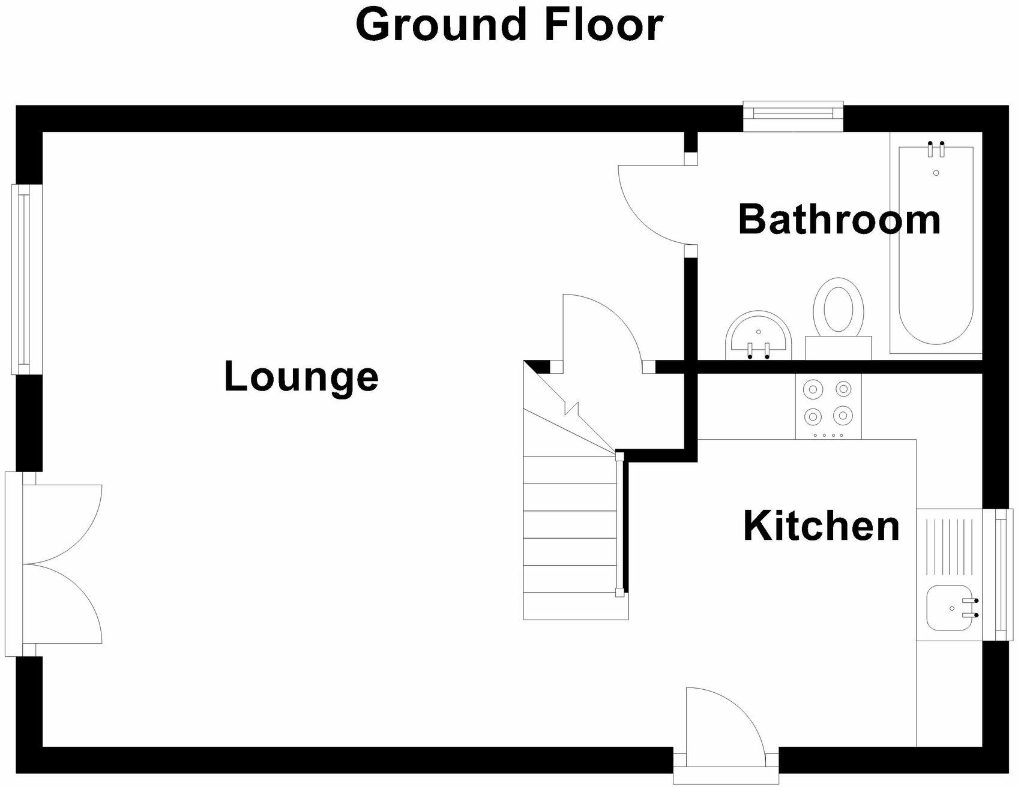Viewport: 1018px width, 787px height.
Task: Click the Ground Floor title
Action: point(509,25)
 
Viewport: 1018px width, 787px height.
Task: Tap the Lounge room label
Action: point(301,377)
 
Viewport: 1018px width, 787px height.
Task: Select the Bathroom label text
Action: point(839,220)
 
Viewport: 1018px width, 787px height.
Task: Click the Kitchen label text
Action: point(821,526)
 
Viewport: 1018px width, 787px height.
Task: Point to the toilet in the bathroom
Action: point(838,312)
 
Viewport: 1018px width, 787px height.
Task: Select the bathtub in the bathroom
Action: point(936,246)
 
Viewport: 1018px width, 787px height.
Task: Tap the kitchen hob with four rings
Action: point(828,406)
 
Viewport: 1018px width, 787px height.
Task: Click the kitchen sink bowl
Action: point(947,608)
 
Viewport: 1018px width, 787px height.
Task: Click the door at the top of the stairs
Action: point(600,330)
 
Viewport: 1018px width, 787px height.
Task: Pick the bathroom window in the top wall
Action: point(793,117)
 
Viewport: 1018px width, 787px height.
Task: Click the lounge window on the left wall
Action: point(24,279)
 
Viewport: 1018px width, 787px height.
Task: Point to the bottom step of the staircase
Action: point(575,606)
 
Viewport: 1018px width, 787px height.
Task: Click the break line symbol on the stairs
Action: point(571,410)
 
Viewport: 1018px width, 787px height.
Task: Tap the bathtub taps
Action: point(936,149)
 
